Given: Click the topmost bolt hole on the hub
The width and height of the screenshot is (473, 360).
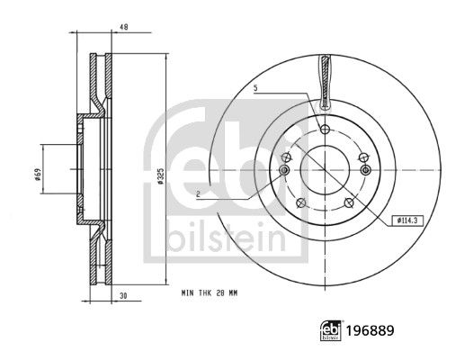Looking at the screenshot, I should pyautogui.click(x=325, y=129).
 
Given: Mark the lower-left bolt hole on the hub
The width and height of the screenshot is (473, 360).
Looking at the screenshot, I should pyautogui.click(x=301, y=201).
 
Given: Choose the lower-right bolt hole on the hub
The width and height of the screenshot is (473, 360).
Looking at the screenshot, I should pyautogui.click(x=349, y=201).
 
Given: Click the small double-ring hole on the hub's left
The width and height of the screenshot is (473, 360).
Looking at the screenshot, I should pyautogui.click(x=285, y=169).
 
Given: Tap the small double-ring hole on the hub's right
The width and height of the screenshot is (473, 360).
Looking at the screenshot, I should pyautogui.click(x=364, y=169).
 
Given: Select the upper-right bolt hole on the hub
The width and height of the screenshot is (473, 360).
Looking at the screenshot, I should pyautogui.click(x=362, y=156).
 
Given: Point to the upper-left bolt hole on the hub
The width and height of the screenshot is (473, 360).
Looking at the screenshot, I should pyautogui.click(x=287, y=156).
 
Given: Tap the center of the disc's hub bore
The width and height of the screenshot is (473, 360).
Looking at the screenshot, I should pyautogui.click(x=325, y=169).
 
